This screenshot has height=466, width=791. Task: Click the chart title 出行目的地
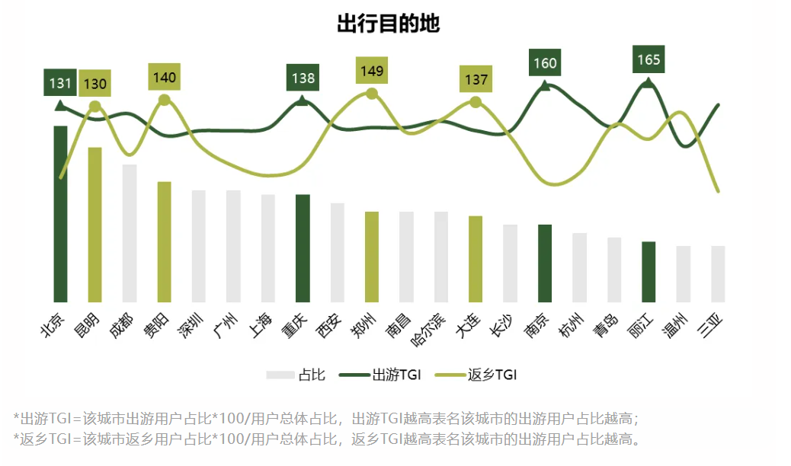point(388,24)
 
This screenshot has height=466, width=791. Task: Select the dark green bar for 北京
point(60,213)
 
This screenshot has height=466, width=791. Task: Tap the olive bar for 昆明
point(95,225)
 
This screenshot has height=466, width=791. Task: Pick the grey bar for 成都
point(130,233)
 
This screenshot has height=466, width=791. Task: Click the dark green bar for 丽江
point(648,271)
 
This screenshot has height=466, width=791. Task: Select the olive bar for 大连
point(476,259)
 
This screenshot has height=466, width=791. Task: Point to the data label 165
point(648,59)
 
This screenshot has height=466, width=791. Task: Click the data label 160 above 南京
point(545,62)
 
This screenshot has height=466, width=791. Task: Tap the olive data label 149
point(372,71)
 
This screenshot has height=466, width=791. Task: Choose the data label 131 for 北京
point(60,82)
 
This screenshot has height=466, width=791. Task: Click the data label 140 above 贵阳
point(164,77)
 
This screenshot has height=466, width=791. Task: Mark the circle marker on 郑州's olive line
point(372,94)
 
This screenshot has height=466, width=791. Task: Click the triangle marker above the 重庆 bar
point(303,101)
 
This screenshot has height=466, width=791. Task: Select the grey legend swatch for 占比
point(279,375)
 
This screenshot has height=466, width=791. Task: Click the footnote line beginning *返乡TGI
point(328,439)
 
